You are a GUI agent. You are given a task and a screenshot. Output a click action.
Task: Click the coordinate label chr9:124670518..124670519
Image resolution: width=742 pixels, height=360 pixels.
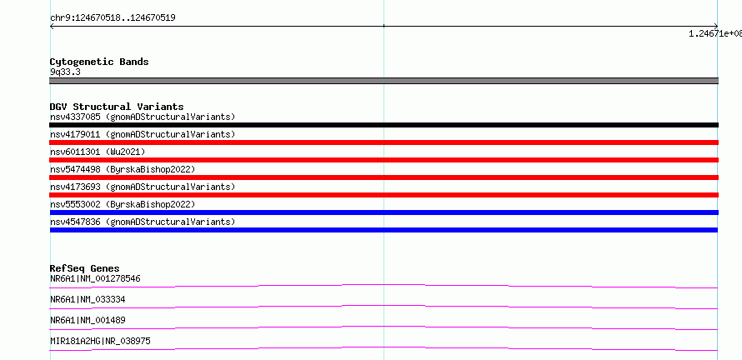pos(113,18)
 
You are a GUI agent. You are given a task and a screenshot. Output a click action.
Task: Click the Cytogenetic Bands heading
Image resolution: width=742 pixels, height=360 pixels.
pos(99,62)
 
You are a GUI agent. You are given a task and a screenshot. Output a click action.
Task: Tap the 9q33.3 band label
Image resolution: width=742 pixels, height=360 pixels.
pos(65,72)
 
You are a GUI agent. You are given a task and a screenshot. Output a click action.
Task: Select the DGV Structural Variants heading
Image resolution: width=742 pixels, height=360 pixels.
pos(117,107)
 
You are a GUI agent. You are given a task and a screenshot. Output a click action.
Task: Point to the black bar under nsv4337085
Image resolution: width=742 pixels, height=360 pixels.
pos(384,125)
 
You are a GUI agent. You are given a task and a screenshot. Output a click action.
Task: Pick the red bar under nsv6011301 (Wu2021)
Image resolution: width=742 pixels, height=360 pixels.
pos(384,160)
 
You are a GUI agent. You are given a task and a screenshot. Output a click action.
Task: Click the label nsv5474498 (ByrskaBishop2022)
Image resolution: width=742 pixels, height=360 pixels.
pos(123,169)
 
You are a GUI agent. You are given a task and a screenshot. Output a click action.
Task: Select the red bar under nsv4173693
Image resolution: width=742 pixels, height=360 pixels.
pos(384,195)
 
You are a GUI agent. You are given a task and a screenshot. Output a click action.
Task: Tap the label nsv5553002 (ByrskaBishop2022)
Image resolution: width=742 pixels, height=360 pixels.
pos(123,204)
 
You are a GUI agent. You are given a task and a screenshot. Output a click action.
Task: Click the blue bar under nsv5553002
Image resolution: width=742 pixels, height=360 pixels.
pos(384,212)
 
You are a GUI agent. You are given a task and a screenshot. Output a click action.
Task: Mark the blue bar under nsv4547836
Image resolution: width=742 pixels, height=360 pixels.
pos(384,230)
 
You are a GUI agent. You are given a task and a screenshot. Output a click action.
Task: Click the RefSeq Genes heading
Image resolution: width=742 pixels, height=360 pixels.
pos(85,268)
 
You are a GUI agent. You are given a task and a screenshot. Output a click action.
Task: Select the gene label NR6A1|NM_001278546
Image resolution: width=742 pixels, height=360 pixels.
pos(95,278)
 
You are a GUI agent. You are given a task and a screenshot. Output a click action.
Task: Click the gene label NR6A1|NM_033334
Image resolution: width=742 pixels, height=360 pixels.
pos(88,299)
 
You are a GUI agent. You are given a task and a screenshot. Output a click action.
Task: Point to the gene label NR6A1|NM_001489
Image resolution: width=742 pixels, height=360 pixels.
pos(88,320)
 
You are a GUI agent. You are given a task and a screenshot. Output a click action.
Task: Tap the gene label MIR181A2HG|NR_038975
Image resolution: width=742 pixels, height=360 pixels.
pos(100,341)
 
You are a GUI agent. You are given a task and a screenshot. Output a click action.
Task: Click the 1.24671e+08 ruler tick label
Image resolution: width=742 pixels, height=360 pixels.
pos(715,33)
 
